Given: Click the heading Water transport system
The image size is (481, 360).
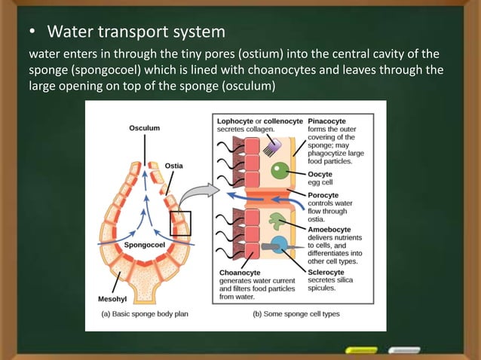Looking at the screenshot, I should [x=136, y=32].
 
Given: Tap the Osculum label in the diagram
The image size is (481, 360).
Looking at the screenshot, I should [x=144, y=128].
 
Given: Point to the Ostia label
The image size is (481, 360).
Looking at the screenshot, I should [x=173, y=166].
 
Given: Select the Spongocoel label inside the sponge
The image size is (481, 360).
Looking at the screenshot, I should [x=144, y=245].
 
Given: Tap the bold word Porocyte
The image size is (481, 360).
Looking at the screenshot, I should [x=326, y=194].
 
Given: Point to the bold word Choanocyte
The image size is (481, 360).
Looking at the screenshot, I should [x=240, y=272].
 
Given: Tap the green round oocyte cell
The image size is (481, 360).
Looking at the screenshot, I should [x=279, y=170].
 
